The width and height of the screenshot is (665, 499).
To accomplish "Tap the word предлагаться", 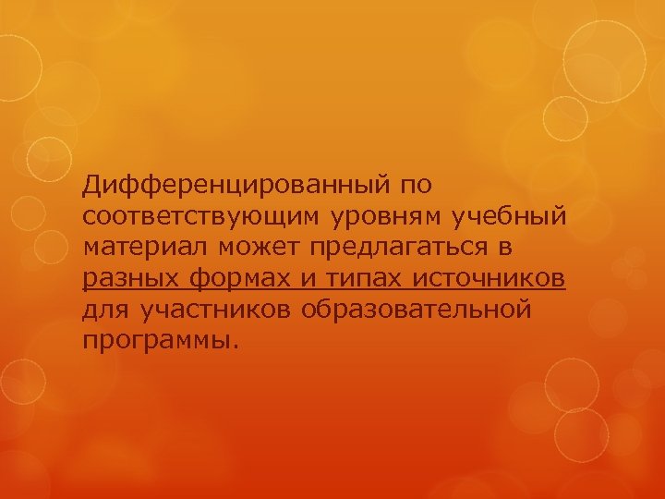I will tap(401, 249).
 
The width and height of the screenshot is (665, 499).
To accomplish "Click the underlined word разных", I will tap(129, 278).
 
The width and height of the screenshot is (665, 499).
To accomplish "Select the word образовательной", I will tap(417, 309).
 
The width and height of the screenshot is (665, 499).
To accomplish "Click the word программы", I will tap(156, 340).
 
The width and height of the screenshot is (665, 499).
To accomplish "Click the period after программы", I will tap(235, 346).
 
